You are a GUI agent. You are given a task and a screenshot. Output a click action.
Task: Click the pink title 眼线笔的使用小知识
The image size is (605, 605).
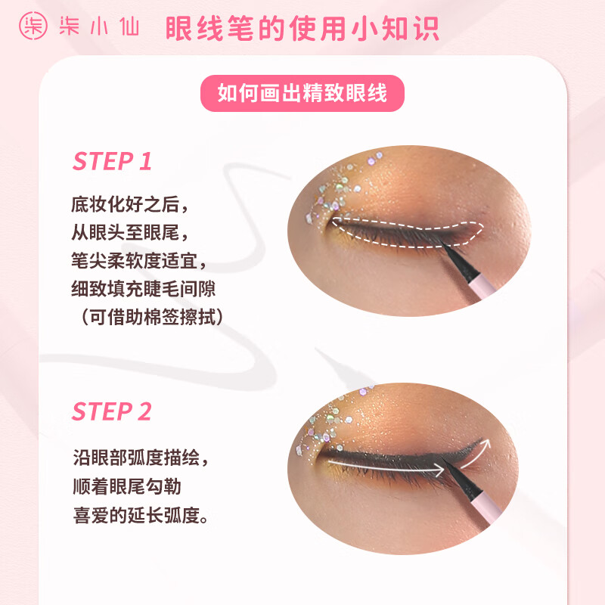pyautogui.click(x=302, y=28)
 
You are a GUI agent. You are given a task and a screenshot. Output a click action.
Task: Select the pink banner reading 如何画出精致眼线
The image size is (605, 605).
pyautogui.click(x=302, y=93)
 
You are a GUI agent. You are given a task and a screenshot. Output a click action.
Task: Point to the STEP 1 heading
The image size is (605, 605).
pyautogui.click(x=112, y=161)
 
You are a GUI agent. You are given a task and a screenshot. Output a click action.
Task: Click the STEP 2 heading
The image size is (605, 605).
pyautogui.click(x=112, y=412)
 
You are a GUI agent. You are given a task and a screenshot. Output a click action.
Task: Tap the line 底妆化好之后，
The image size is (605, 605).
pyautogui.click(x=128, y=205)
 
